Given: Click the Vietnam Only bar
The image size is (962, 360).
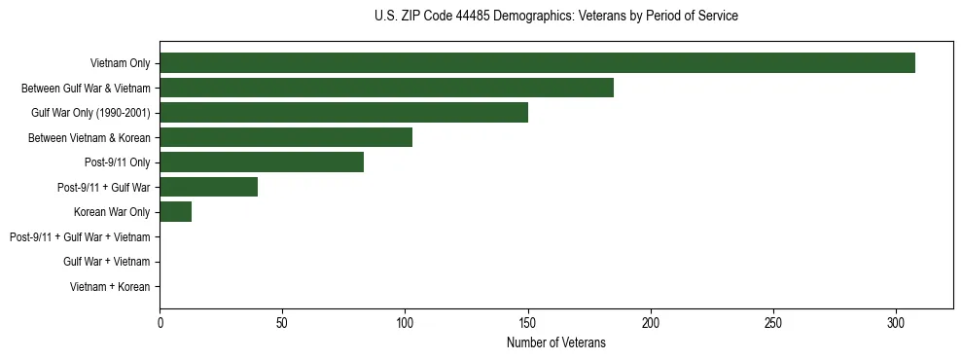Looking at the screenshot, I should pyautogui.click(x=537, y=63).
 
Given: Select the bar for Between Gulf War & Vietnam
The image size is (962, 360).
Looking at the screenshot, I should pyautogui.click(x=386, y=88).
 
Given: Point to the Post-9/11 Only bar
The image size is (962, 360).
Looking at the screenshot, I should pyautogui.click(x=262, y=162).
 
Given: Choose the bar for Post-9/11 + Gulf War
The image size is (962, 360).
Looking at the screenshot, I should pyautogui.click(x=208, y=187).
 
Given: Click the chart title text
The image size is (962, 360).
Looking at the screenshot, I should pyautogui.click(x=555, y=17).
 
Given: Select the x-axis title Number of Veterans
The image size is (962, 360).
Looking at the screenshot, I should pyautogui.click(x=555, y=342).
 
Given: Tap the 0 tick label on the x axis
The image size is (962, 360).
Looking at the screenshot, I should pyautogui.click(x=160, y=322).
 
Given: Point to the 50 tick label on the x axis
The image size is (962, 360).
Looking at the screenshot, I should pyautogui.click(x=282, y=322).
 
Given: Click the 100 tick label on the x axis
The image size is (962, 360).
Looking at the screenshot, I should pyautogui.click(x=405, y=322).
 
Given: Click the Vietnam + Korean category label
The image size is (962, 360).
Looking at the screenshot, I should pyautogui.click(x=110, y=286).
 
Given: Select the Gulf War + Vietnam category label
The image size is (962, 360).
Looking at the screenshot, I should pyautogui.click(x=106, y=261).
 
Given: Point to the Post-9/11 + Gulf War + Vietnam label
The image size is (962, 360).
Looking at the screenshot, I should pyautogui.click(x=80, y=236).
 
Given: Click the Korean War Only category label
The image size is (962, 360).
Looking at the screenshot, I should pyautogui.click(x=111, y=211).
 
